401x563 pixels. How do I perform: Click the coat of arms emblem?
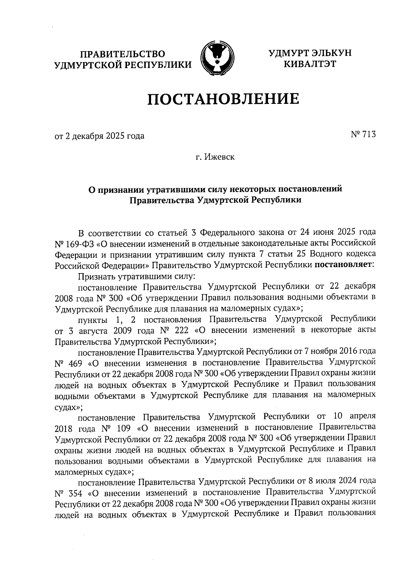click(217, 58)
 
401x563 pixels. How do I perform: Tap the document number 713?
click(368, 134)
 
